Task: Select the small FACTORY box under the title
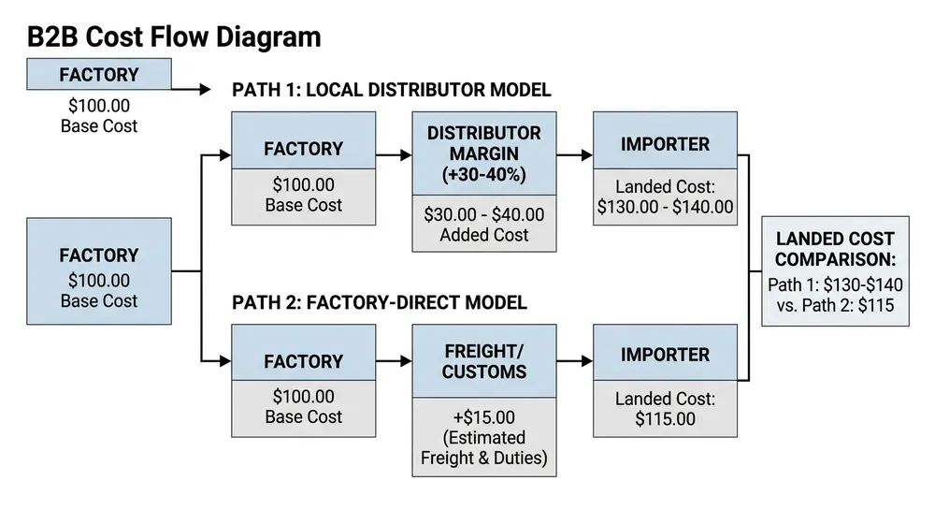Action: pyautogui.click(x=99, y=75)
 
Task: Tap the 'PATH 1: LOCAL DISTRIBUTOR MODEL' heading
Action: pyautogui.click(x=391, y=90)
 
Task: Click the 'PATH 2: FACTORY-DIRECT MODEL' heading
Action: pyautogui.click(x=379, y=302)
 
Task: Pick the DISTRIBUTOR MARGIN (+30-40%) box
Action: pyautogui.click(x=483, y=153)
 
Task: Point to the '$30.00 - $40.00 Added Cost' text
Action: pyautogui.click(x=483, y=225)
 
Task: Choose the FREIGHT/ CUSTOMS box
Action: pyautogui.click(x=483, y=361)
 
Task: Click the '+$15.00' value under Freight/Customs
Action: pyautogui.click(x=483, y=417)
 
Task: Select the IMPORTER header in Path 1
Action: pyautogui.click(x=665, y=144)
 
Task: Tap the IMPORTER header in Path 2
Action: pyautogui.click(x=665, y=355)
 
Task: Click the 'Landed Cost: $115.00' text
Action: pyautogui.click(x=665, y=409)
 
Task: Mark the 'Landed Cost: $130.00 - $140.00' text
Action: pyautogui.click(x=665, y=197)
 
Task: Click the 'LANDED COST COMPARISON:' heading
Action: pyautogui.click(x=835, y=249)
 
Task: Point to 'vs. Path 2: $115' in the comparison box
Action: pyautogui.click(x=835, y=305)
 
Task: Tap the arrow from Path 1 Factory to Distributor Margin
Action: pyautogui.click(x=394, y=154)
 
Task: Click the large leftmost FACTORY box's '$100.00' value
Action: pyautogui.click(x=99, y=280)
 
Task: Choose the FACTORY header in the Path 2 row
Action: pyautogui.click(x=303, y=361)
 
